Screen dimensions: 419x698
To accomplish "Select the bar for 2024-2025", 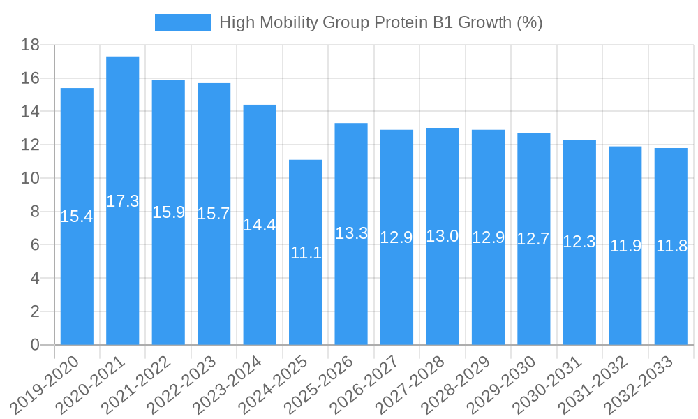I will point(306,252).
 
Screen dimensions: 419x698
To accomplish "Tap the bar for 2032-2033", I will point(671,246).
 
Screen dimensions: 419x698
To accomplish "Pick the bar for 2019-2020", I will point(77,216).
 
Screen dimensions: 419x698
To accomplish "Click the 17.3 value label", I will point(123,201).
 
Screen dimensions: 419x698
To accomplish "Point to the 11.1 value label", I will point(306,253).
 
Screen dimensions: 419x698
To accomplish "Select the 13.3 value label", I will point(351,234).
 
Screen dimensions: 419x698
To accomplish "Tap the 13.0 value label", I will point(443,236).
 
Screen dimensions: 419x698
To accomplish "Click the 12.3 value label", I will point(579,242).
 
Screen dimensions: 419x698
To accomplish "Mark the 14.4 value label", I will point(260,225).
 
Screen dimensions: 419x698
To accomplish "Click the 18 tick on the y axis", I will point(31,45).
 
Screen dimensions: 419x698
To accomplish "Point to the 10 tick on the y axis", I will point(31,179).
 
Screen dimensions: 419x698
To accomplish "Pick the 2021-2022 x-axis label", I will point(140,384).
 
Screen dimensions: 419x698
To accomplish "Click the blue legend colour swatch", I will point(182,22).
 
